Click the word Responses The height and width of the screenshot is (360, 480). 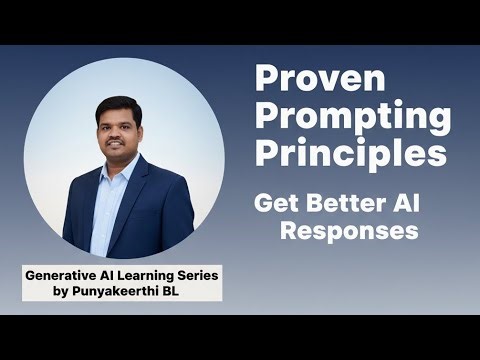click(347, 232)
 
